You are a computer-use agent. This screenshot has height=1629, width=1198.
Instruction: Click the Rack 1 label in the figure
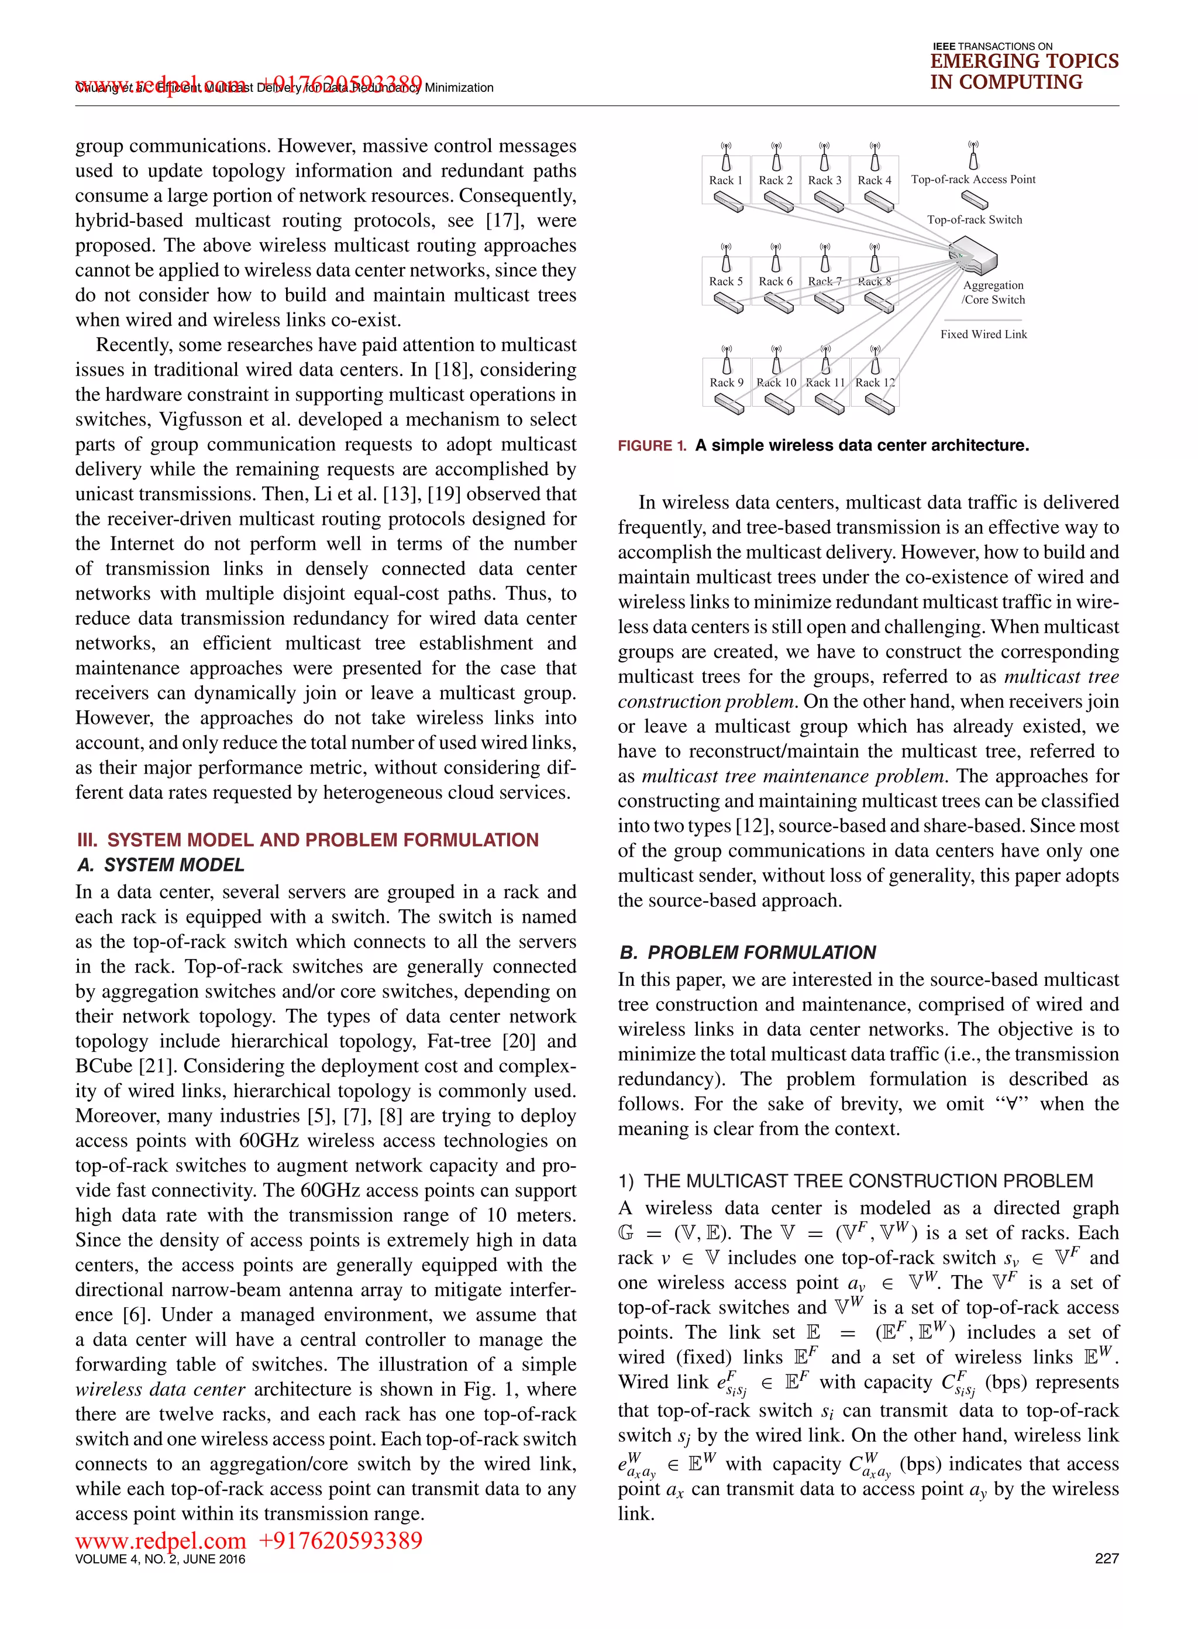pyautogui.click(x=725, y=180)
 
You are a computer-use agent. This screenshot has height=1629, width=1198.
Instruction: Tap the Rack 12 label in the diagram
pyautogui.click(x=875, y=382)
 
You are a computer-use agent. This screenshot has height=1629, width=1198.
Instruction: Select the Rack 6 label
pyautogui.click(x=775, y=281)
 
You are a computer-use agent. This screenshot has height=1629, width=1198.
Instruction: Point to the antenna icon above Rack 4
pyautogui.click(x=875, y=157)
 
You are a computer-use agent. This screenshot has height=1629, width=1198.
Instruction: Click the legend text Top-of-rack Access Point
pyautogui.click(x=973, y=179)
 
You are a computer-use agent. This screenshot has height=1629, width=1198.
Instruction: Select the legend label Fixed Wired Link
pyautogui.click(x=983, y=334)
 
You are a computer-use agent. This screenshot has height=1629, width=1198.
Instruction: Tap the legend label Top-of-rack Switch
pyautogui.click(x=974, y=220)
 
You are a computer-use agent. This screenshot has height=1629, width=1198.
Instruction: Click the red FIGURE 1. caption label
pyautogui.click(x=651, y=446)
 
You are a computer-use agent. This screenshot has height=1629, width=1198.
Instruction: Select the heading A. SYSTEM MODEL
pyautogui.click(x=160, y=865)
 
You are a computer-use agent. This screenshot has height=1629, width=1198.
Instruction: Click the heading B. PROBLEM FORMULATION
pyautogui.click(x=748, y=953)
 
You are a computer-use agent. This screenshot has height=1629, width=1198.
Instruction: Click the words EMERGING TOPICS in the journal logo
pyautogui.click(x=1024, y=61)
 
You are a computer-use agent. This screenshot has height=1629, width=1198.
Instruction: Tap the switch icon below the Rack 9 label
pyautogui.click(x=727, y=404)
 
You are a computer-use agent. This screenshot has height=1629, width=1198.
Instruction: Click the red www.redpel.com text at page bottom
pyautogui.click(x=160, y=1539)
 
